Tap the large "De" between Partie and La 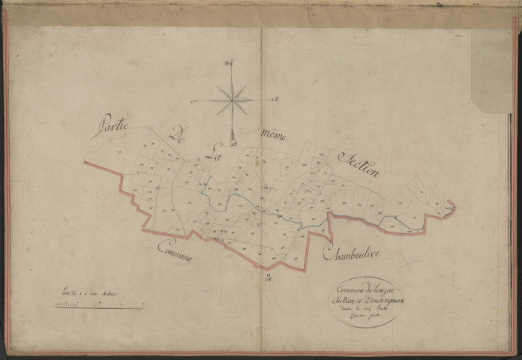point(178,136)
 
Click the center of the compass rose point(233,99)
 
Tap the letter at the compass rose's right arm point(276,98)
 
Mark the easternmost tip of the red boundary point(453,203)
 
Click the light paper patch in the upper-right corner point(492,71)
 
